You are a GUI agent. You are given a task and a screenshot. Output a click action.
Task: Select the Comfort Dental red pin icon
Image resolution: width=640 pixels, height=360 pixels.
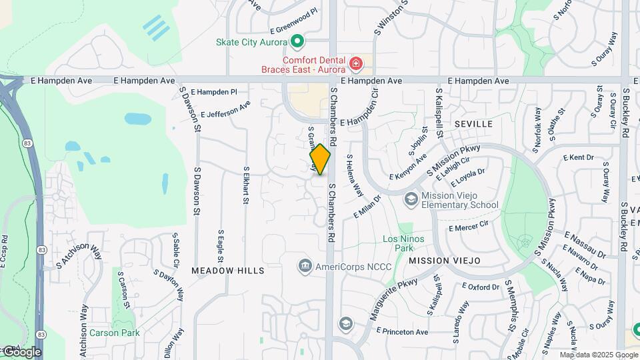[x=356, y=65]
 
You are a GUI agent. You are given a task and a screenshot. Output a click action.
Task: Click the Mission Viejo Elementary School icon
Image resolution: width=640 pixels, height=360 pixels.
[x=411, y=199]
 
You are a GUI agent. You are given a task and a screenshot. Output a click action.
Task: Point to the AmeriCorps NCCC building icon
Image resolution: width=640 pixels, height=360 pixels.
[x=305, y=266]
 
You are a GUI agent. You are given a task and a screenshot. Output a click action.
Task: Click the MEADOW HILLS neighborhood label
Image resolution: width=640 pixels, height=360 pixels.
[x=228, y=271]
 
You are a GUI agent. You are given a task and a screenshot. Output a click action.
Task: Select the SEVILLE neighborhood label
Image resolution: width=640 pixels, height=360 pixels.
[x=473, y=125]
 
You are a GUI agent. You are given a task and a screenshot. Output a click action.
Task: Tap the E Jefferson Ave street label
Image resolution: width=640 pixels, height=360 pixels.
[x=225, y=109]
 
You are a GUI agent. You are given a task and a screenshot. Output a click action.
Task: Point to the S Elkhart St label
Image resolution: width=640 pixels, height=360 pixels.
[x=246, y=185]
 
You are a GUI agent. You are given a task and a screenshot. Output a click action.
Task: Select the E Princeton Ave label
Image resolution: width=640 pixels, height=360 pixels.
[x=402, y=331]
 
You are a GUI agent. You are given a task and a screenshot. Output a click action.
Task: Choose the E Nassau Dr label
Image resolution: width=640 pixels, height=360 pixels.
[x=584, y=244]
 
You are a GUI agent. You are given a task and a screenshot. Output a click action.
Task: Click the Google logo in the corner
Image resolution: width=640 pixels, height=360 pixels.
[x=21, y=352]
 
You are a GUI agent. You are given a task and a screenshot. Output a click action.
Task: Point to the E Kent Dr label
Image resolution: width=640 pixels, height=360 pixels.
[x=578, y=158]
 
